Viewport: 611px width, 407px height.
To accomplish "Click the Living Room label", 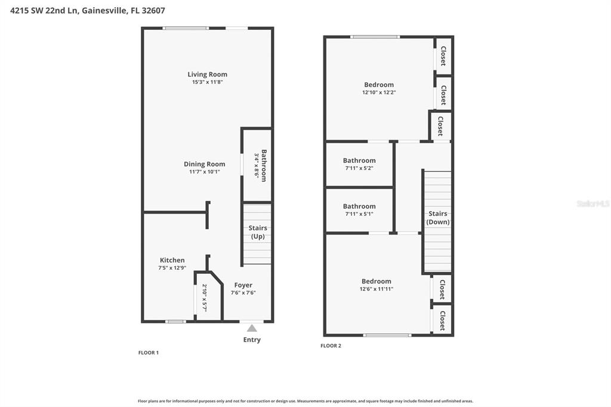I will coord(207,75).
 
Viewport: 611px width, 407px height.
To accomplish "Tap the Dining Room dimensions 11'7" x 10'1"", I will coord(204,172).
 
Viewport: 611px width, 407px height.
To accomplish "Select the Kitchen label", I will coord(172,260).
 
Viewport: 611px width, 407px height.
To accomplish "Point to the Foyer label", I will coord(243,285).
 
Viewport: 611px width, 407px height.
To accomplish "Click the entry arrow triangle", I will coord(252,328).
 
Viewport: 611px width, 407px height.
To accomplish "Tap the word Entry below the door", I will coord(252,340).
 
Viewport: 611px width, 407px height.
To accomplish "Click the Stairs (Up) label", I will coord(257,232).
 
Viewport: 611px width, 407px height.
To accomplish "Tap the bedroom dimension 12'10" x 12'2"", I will coord(379,92).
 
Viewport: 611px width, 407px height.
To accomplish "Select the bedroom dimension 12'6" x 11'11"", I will coord(377,289).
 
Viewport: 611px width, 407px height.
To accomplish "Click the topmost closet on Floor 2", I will coord(443,56).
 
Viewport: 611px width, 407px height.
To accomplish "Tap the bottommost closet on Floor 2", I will coord(442,320).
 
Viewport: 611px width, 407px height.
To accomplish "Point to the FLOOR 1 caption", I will coord(149,353).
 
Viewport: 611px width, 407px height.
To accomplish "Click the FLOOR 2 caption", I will coord(331,346).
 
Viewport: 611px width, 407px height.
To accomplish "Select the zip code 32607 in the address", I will coord(153,10).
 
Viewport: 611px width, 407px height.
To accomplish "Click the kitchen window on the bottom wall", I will coord(175,322).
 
